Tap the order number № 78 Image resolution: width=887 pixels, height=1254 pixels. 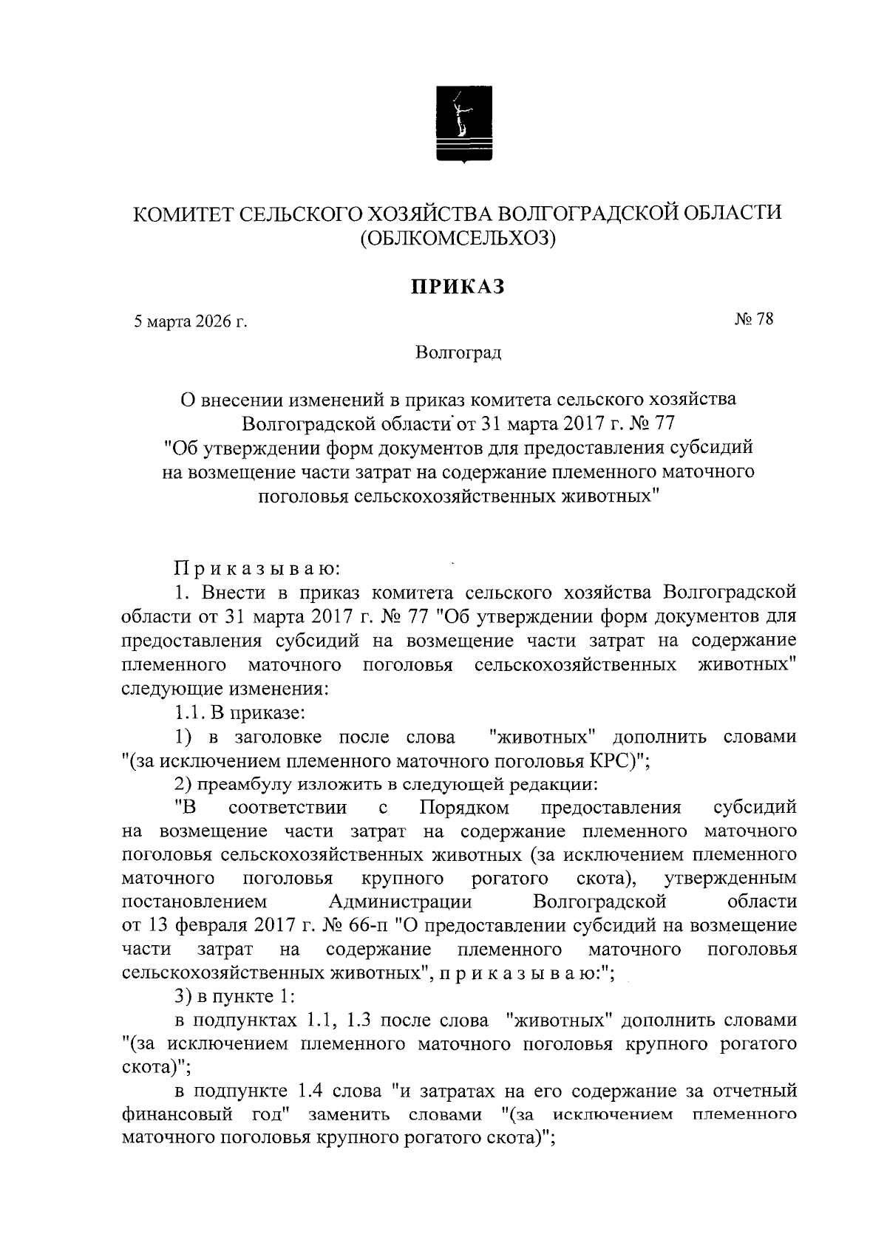point(753,319)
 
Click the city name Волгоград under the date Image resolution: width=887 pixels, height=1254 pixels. point(458,353)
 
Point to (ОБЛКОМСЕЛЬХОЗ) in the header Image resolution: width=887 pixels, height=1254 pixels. point(457,239)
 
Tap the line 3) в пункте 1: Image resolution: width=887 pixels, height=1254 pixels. point(235,996)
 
